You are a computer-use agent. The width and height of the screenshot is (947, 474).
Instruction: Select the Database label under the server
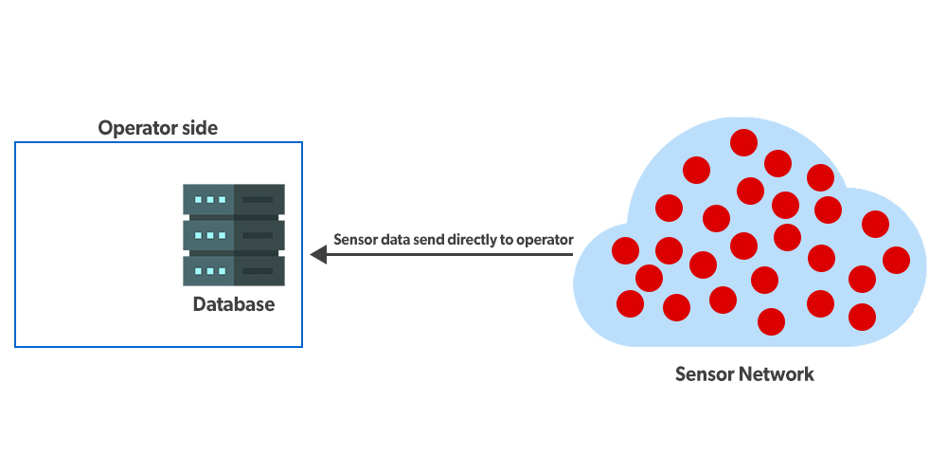234,305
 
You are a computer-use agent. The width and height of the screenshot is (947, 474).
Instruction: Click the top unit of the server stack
234,200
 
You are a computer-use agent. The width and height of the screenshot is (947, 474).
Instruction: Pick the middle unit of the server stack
234,235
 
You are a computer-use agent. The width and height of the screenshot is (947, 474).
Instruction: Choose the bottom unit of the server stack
234,270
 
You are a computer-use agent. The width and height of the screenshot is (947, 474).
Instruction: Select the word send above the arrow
431,240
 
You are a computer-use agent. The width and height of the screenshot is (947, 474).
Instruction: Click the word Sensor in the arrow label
355,240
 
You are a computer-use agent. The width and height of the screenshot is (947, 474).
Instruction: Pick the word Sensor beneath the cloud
702,374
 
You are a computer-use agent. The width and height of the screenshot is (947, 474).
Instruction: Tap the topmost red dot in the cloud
743,143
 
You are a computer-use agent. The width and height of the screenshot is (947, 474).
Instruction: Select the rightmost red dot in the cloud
896,259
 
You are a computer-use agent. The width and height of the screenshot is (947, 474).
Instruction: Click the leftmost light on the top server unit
198,200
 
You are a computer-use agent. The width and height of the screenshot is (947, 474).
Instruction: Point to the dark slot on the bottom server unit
259,270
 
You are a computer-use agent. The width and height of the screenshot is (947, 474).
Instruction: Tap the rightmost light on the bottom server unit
223,270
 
